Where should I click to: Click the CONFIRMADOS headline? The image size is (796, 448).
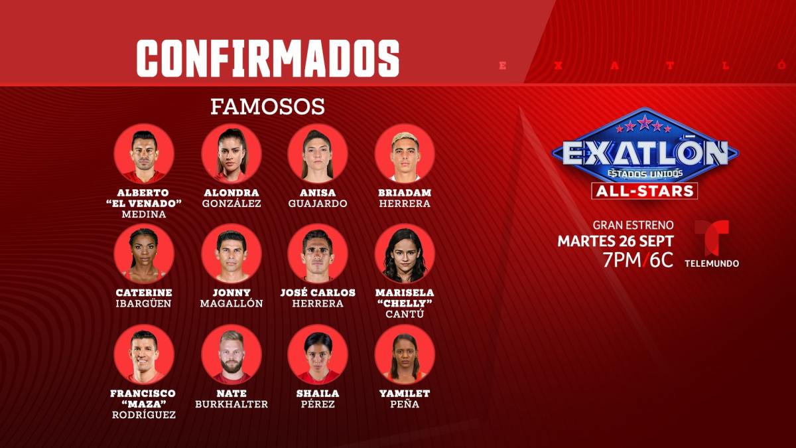click(x=268, y=58)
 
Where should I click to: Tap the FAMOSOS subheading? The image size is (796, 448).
click(x=267, y=107)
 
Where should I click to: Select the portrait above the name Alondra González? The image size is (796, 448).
click(x=232, y=153)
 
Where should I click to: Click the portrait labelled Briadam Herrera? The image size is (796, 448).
click(x=405, y=153)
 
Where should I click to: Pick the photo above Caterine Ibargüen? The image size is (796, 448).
click(x=144, y=254)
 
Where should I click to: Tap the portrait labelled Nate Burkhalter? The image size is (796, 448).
click(x=232, y=354)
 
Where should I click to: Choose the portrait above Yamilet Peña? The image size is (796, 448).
click(x=405, y=354)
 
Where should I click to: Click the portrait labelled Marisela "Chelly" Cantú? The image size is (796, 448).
click(x=405, y=254)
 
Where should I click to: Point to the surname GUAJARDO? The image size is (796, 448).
click(x=318, y=203)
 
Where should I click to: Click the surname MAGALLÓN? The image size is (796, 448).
click(x=232, y=303)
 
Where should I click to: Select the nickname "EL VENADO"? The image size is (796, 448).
click(x=144, y=203)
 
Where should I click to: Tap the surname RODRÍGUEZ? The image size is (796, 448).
click(x=144, y=415)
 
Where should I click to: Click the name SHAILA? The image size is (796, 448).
click(x=318, y=394)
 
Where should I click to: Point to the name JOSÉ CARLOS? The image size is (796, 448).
click(x=318, y=293)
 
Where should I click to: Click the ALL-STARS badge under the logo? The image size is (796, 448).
click(x=645, y=191)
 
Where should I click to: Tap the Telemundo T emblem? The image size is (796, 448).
click(x=712, y=238)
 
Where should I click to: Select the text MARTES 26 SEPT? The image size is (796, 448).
click(x=616, y=241)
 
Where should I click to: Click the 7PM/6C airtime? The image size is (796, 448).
click(x=638, y=260)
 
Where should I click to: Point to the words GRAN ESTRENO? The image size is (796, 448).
click(x=633, y=225)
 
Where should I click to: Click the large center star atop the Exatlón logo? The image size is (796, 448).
click(x=645, y=123)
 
